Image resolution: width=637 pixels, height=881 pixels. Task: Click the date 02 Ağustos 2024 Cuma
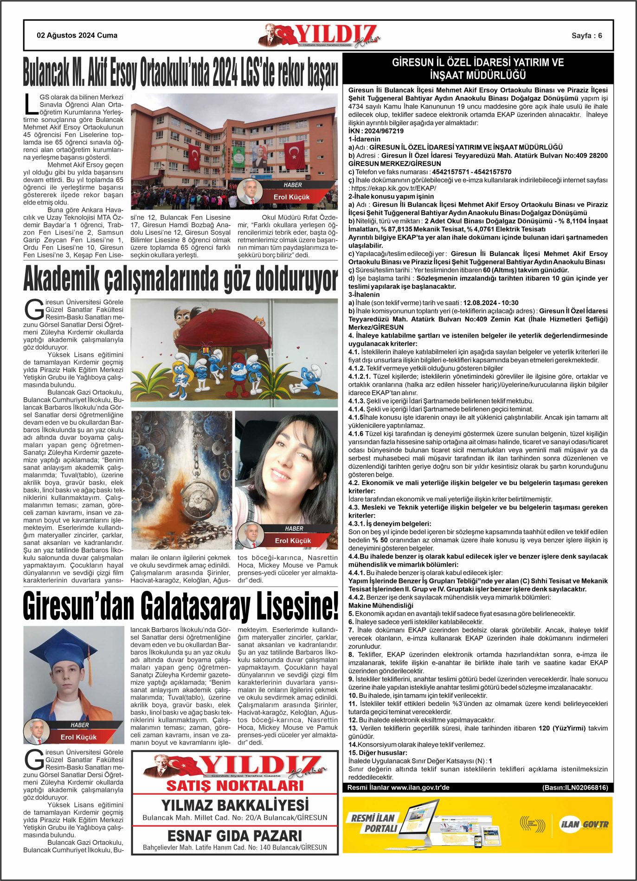coord(77,35)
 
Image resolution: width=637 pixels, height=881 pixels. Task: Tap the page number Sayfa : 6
coord(586,36)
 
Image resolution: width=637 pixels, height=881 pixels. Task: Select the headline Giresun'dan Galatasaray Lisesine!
coord(180,606)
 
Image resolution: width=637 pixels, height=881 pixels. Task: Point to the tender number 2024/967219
coord(384,131)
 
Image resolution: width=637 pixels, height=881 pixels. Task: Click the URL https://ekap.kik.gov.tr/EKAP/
coord(393,188)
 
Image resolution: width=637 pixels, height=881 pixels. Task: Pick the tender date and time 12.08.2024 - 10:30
coord(491,303)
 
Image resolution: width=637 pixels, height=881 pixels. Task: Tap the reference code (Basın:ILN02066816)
coord(575,788)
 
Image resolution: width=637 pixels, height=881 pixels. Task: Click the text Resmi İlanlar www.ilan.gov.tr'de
coord(398,788)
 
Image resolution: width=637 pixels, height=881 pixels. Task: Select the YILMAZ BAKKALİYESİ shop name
coord(235,805)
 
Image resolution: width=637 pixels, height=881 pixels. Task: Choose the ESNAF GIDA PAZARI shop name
coord(235,836)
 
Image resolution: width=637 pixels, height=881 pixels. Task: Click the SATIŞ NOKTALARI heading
coord(235,785)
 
